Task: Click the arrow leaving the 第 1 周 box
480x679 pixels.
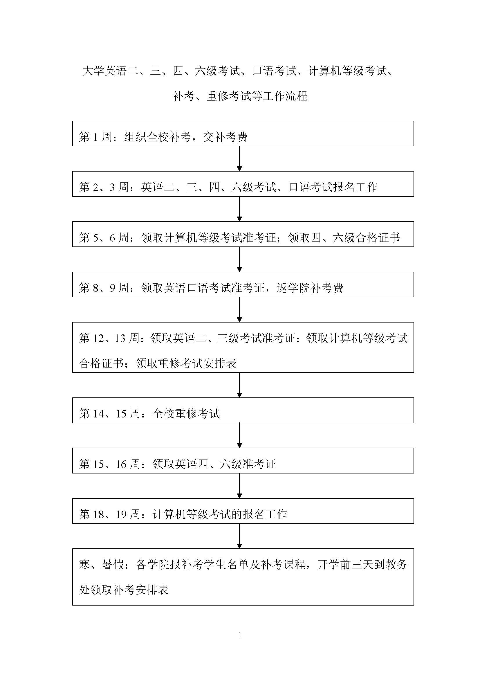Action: tap(239, 159)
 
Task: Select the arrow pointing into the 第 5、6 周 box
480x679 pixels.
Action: tap(239, 209)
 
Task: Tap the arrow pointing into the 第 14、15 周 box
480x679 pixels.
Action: tap(239, 385)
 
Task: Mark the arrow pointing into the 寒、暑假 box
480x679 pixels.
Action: tap(239, 536)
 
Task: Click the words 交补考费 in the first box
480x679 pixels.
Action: tap(225, 137)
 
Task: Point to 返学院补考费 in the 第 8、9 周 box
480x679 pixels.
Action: tap(310, 288)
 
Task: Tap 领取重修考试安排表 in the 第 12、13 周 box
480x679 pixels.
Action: tap(186, 363)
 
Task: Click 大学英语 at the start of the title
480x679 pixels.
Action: tap(105, 71)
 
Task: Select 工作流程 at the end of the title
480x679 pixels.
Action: tap(285, 96)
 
